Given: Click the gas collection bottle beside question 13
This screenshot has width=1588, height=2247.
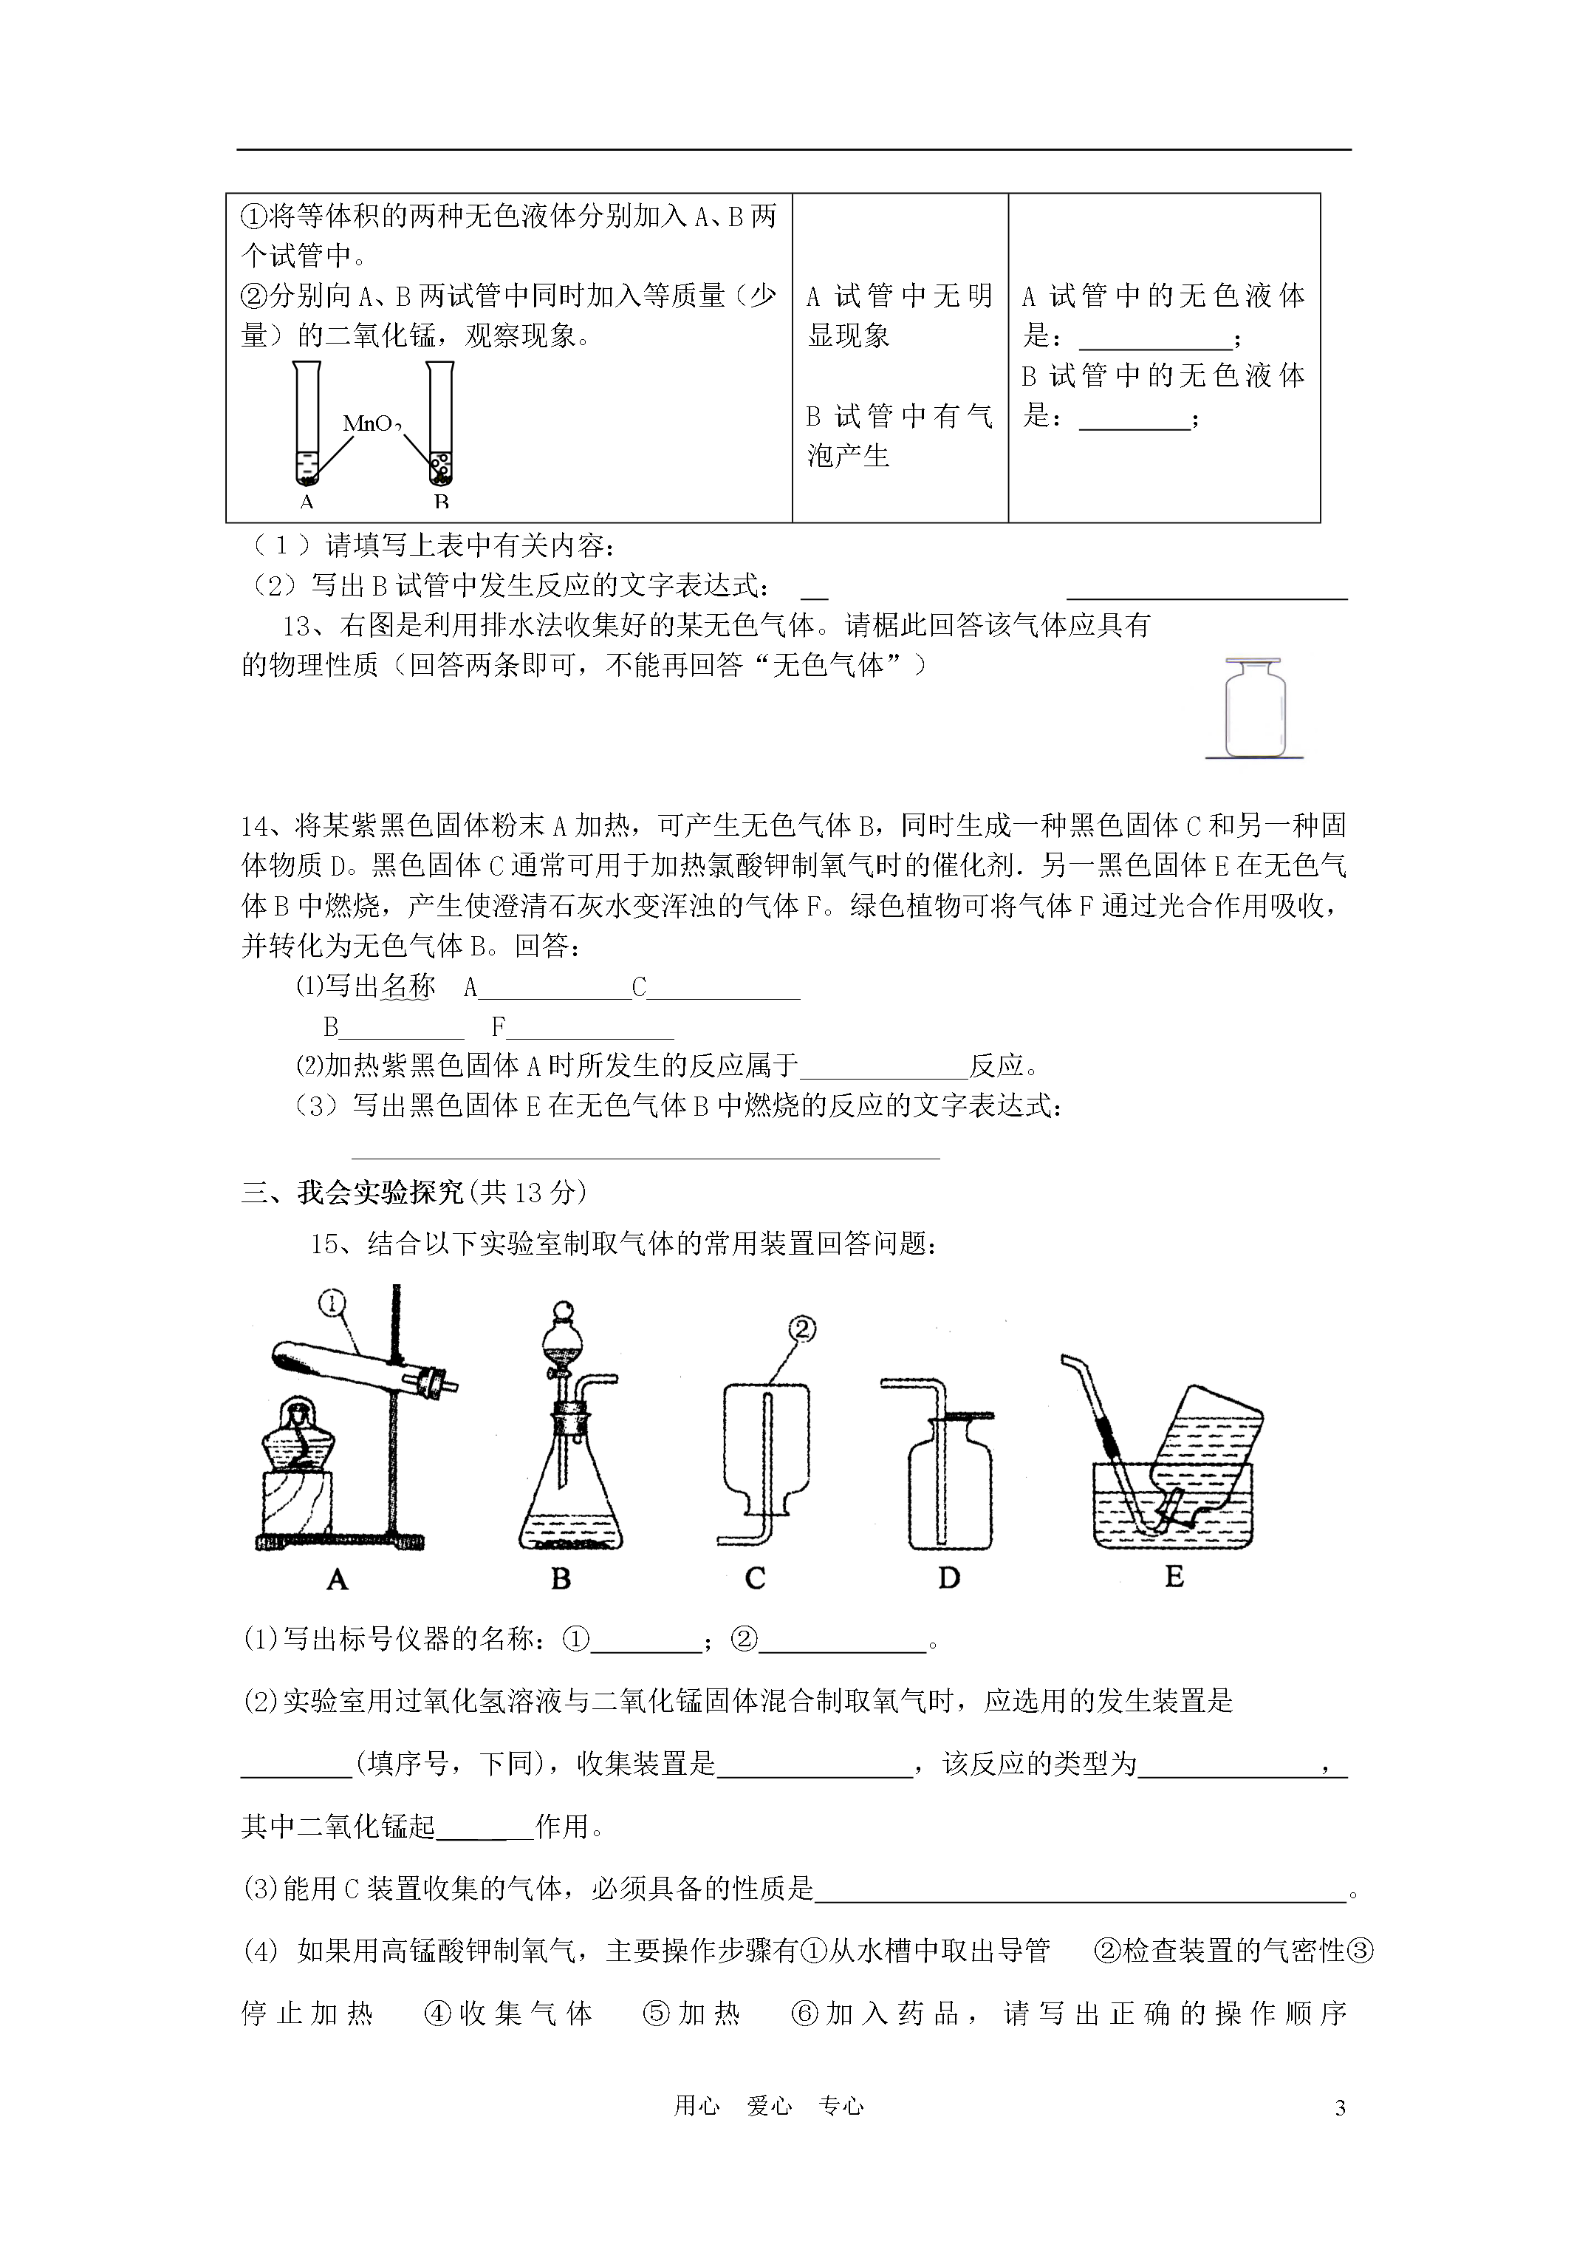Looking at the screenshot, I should pyautogui.click(x=1254, y=709).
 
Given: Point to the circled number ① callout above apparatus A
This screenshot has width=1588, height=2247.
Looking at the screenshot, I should pyautogui.click(x=332, y=1303).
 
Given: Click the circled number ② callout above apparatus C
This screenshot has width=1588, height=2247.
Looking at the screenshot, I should pyautogui.click(x=801, y=1328).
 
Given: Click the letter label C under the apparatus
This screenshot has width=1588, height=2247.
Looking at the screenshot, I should pyautogui.click(x=754, y=1578).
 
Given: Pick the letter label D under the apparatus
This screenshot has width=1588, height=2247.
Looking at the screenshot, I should pyautogui.click(x=948, y=1578).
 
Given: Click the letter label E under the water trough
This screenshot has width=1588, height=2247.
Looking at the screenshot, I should pyautogui.click(x=1174, y=1577).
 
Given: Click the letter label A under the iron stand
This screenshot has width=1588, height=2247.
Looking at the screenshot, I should pyautogui.click(x=337, y=1578).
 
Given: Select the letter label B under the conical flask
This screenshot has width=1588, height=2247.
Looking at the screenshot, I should pyautogui.click(x=561, y=1578).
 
